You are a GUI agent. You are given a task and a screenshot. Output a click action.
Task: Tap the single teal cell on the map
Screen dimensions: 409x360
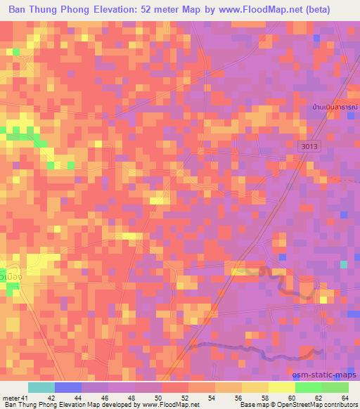[x=344, y=264]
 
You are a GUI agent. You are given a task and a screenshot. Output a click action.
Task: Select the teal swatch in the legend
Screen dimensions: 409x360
[x=41, y=387]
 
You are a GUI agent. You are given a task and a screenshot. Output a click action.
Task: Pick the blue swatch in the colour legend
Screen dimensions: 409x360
[x=68, y=387]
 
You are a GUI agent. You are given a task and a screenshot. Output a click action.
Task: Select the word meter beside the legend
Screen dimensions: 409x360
[x=11, y=398]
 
